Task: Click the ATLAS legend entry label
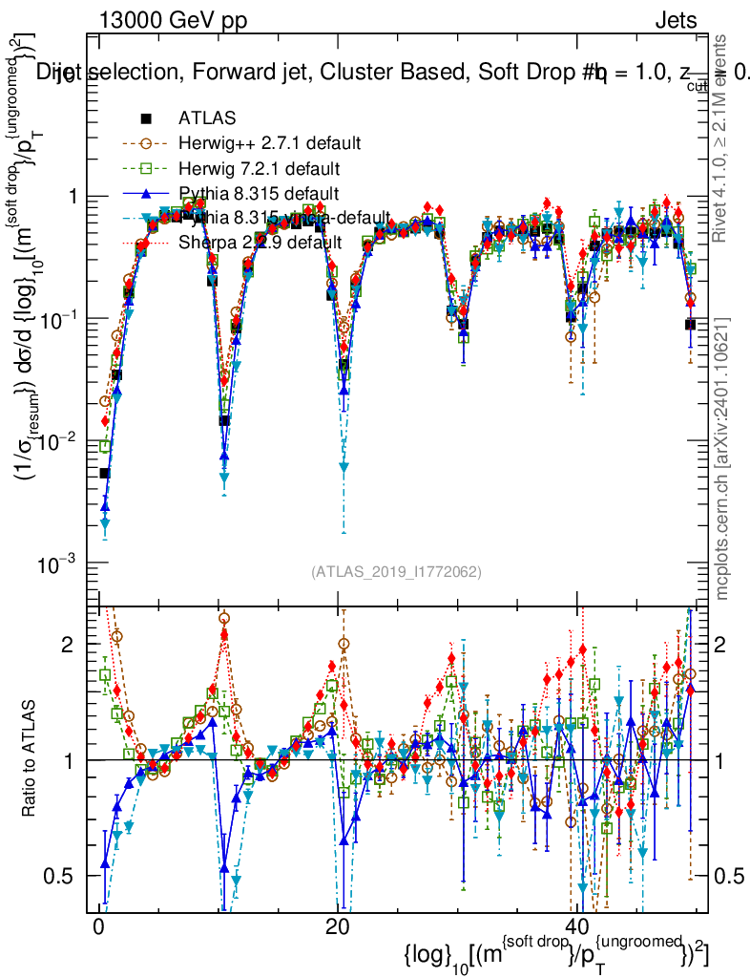point(201,119)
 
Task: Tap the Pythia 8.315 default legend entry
point(259,194)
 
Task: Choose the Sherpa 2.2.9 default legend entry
point(260,243)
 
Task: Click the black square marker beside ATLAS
point(146,119)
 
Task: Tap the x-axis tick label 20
point(337,928)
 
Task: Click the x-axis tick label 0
point(99,928)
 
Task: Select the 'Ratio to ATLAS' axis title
point(31,760)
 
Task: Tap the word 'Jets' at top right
point(675,20)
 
